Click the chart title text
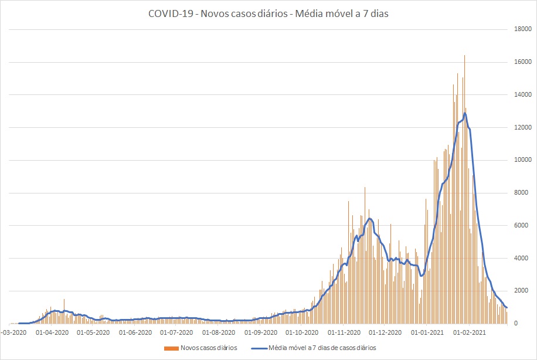coord(268,14)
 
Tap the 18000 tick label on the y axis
coord(524,29)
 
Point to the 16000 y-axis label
coord(524,62)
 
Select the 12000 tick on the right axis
coord(524,128)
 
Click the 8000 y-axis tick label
coord(524,193)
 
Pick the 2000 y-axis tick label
coord(524,291)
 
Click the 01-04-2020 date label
coord(52,332)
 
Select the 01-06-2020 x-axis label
coord(135,332)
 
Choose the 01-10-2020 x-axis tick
coord(302,332)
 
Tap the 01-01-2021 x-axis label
coord(427,332)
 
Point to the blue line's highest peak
coord(465,113)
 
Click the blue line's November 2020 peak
coord(370,219)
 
